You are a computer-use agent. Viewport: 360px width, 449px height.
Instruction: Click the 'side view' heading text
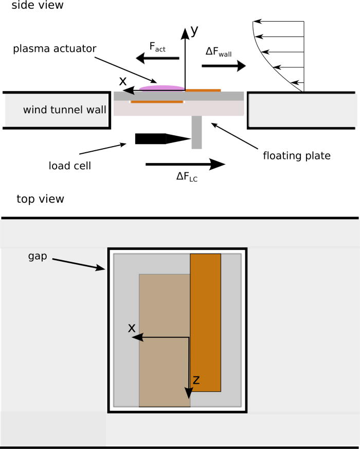click(34, 6)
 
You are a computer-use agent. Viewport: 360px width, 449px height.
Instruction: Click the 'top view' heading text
click(40, 199)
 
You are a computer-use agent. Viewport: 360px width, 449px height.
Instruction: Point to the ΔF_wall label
click(218, 52)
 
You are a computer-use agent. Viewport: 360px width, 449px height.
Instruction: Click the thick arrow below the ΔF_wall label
click(223, 66)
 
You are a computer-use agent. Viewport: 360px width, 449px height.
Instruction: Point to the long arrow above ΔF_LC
click(185, 165)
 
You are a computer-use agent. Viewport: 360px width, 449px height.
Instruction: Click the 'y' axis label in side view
click(194, 31)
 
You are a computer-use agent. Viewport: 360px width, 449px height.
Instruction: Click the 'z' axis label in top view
click(196, 380)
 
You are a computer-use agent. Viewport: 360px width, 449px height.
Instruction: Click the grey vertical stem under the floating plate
click(196, 132)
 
